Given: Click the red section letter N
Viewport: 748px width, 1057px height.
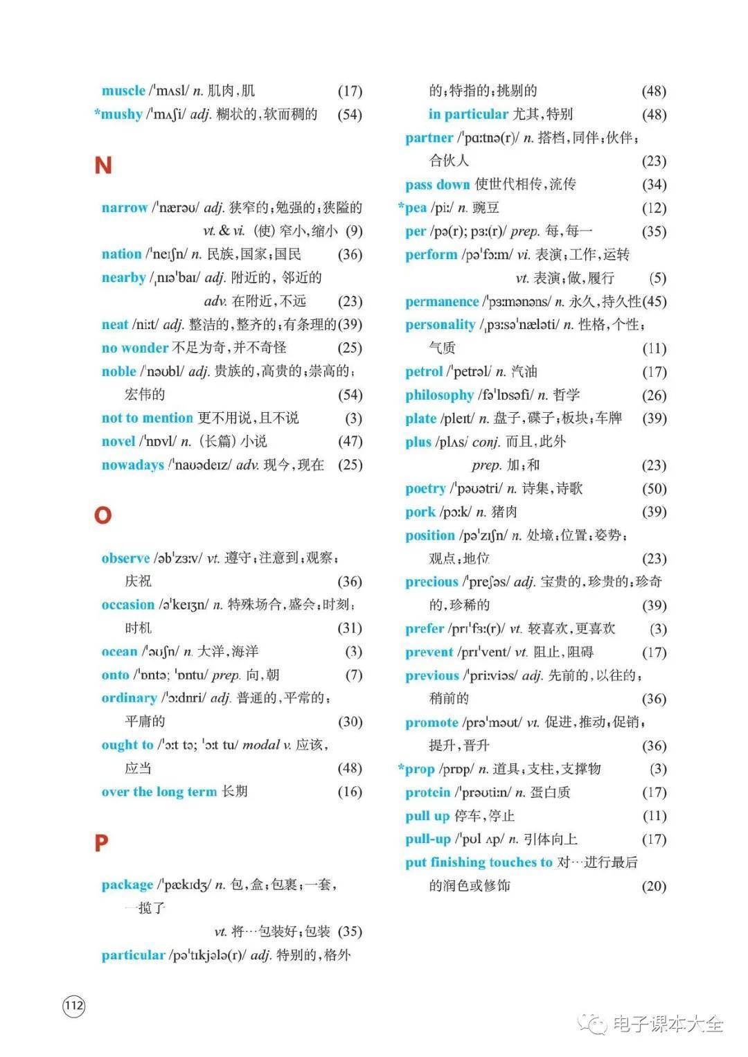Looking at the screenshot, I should (x=103, y=166).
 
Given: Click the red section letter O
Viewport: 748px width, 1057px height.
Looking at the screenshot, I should (x=103, y=515).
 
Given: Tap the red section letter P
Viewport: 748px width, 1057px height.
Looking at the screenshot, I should (x=101, y=843).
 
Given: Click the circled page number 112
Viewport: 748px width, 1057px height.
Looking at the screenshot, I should (x=74, y=1006).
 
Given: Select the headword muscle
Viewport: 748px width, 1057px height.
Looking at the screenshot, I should (x=123, y=91).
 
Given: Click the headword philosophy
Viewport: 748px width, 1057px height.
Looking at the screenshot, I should (x=439, y=395).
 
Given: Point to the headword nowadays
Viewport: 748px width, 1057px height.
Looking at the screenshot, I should (x=132, y=465).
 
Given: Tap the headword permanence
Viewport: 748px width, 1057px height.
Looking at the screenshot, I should (x=442, y=301).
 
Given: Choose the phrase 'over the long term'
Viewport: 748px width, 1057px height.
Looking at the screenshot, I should (x=159, y=792).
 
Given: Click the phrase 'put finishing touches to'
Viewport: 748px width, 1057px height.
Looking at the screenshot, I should (x=479, y=862).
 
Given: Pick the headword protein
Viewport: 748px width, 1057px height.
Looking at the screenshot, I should (x=427, y=792).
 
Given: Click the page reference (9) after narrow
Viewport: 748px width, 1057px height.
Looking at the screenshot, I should (x=354, y=231).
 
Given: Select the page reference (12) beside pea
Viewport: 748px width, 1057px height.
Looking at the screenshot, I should (x=654, y=208).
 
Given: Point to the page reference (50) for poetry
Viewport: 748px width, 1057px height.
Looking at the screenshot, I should (x=654, y=488).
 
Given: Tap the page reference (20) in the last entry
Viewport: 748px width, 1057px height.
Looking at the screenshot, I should (x=654, y=886).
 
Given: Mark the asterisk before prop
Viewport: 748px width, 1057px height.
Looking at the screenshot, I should (x=401, y=767).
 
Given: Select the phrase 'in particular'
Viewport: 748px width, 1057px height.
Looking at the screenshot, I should (x=468, y=114).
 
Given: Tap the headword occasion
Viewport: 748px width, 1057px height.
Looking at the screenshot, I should (x=127, y=605).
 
